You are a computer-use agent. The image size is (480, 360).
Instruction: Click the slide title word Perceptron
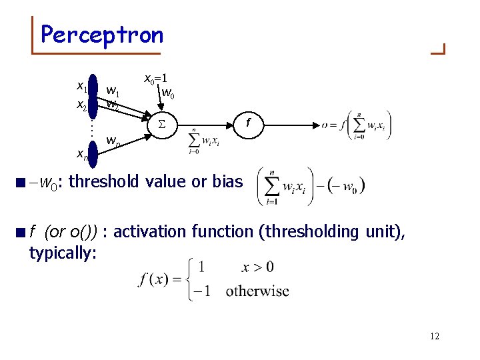(x=101, y=34)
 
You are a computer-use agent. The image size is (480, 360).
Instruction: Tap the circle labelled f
(x=248, y=123)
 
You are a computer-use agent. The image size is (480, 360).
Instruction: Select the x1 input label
(x=81, y=86)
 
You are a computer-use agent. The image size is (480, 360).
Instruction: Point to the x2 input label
(x=81, y=105)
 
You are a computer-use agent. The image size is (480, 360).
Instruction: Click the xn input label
(x=82, y=155)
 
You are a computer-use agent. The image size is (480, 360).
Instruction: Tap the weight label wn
(x=113, y=141)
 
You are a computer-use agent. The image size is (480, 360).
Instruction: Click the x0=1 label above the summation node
(x=160, y=78)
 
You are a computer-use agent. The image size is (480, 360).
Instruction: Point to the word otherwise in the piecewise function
(x=257, y=291)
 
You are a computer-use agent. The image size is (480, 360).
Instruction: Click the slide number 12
(x=434, y=336)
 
